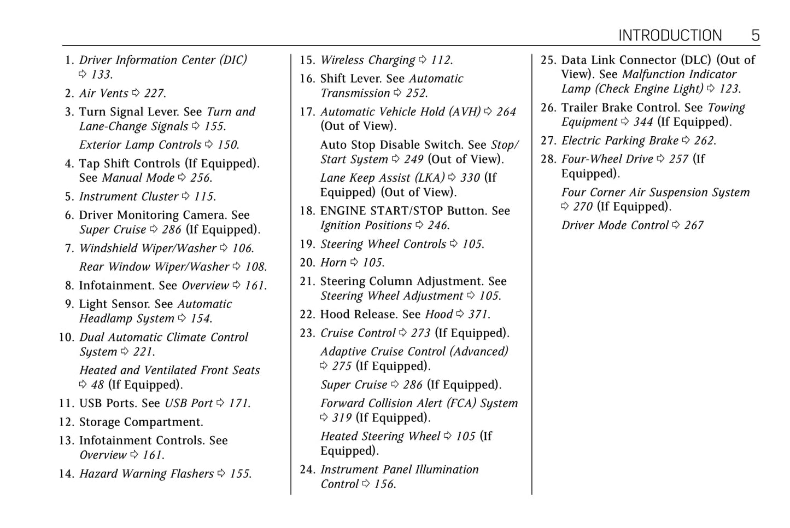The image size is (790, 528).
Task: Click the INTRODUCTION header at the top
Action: pyautogui.click(x=670, y=36)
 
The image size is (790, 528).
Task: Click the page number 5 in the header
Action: pyautogui.click(x=756, y=36)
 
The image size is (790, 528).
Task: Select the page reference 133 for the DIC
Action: pyautogui.click(x=101, y=74)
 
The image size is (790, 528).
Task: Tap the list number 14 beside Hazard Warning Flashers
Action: pyautogui.click(x=66, y=474)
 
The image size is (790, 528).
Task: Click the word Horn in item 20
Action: pyautogui.click(x=333, y=263)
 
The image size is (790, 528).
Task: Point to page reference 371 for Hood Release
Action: pyautogui.click(x=478, y=315)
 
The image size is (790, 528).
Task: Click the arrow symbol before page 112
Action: pyautogui.click(x=423, y=60)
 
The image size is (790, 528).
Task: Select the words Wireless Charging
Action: pyautogui.click(x=367, y=60)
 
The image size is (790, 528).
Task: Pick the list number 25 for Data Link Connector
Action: pyautogui.click(x=548, y=60)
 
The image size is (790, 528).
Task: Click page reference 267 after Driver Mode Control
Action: pyautogui.click(x=694, y=225)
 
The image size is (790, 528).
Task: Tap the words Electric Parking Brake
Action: pyautogui.click(x=619, y=141)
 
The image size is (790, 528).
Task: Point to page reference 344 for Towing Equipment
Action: pyautogui.click(x=643, y=122)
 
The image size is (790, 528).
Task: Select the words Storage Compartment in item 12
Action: pyautogui.click(x=141, y=422)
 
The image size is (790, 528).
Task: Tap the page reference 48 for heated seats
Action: pyautogui.click(x=97, y=385)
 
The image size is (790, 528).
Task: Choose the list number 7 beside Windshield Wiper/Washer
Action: pyautogui.click(x=69, y=248)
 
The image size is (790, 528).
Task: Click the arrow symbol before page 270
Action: pyautogui.click(x=565, y=207)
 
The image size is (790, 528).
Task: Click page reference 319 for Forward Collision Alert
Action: pyautogui.click(x=342, y=418)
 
